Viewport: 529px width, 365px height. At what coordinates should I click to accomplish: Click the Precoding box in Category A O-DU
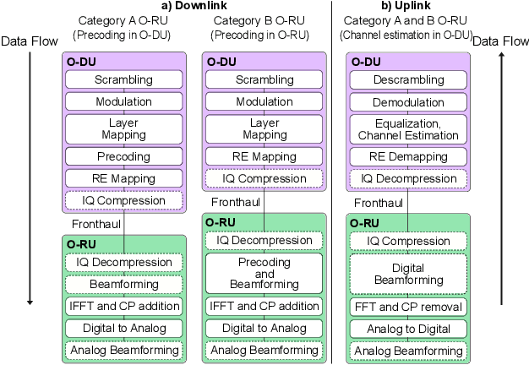123,156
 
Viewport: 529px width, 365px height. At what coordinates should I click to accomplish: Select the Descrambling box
408,80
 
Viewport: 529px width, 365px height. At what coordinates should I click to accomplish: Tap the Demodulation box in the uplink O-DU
408,101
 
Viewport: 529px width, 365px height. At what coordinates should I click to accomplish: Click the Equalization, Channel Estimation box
408,128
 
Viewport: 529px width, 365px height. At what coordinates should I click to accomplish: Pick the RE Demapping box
408,156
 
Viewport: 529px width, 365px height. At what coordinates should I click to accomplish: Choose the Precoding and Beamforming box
265,274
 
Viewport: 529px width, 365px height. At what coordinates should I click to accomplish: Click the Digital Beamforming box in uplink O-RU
408,274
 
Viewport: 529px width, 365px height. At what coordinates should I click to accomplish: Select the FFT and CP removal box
408,306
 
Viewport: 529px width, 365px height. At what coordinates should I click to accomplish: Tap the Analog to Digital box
408,328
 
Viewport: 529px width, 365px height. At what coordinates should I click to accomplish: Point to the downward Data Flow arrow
30,177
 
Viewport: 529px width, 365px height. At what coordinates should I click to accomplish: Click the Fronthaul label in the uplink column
377,203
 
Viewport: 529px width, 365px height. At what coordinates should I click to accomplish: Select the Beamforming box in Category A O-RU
123,285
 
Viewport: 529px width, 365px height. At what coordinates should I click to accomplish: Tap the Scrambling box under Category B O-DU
265,80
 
